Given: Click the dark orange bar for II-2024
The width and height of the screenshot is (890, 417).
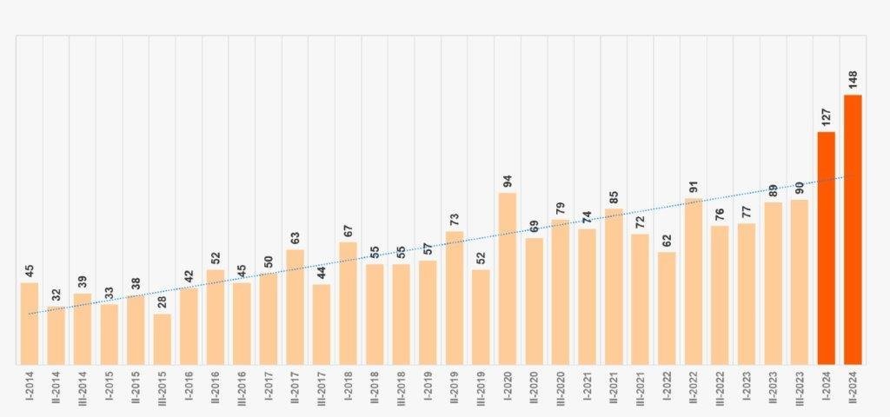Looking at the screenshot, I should coord(853,230).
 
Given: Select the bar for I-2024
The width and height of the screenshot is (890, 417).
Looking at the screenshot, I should coord(826,248).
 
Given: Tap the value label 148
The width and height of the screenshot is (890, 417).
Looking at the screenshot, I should coord(853,81).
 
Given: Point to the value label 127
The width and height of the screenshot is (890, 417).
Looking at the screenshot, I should coord(826,118).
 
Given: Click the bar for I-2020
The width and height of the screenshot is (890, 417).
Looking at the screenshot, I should coord(508,279).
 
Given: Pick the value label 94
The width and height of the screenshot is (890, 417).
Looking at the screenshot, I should coord(508,182).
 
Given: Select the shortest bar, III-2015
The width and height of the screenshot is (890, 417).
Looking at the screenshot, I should coord(162,340).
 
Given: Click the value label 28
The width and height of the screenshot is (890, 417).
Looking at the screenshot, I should coord(162,303).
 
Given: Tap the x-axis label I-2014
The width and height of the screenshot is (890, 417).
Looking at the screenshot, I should coord(30,387).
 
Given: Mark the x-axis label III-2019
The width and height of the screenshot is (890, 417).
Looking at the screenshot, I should coord(481,388).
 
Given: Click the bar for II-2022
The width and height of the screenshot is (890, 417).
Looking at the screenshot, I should coord(693,281).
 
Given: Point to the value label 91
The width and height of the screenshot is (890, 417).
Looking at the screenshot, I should coord(693,187).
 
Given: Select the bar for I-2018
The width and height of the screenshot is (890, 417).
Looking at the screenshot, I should coord(348,303).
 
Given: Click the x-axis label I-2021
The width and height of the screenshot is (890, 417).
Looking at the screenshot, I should coord(587,387).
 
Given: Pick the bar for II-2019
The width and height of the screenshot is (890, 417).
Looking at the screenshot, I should coord(455,298).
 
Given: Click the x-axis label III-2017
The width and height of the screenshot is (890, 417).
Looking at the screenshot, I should coord(322,388).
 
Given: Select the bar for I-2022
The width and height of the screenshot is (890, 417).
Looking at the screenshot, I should coord(667,308).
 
